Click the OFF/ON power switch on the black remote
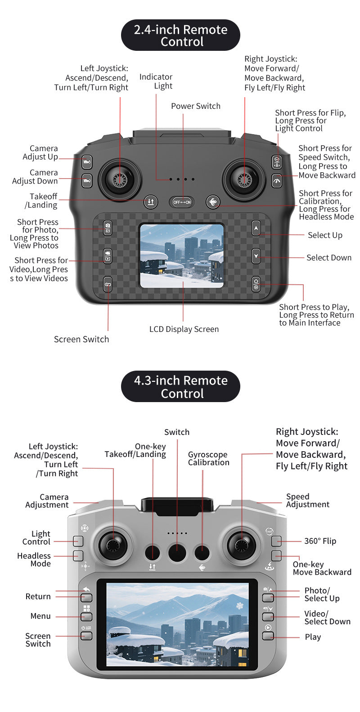(182, 202)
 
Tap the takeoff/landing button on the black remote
(151, 202)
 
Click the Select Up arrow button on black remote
(256, 228)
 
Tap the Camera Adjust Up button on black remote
(87, 162)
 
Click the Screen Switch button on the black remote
(108, 284)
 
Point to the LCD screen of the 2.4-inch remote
(182, 256)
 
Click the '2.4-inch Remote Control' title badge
(180, 35)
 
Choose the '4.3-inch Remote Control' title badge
(180, 386)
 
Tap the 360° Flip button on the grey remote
(276, 541)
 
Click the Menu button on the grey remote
(86, 617)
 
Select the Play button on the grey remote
(268, 636)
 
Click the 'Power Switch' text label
(196, 106)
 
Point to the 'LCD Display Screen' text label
(184, 329)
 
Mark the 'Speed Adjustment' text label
(307, 501)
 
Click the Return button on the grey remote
(86, 598)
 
